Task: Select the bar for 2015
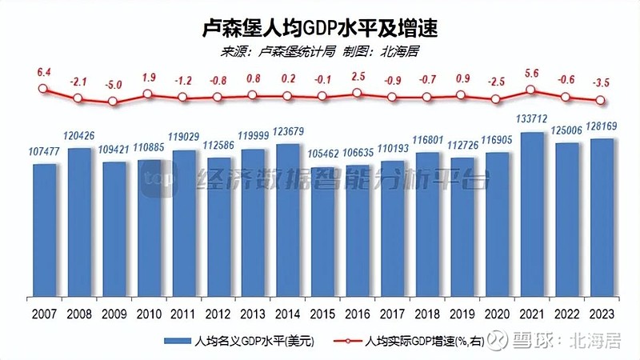(323, 231)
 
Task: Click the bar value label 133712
(534, 121)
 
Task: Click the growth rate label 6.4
(44, 72)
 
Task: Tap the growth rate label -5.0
(114, 84)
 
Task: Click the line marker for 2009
(114, 102)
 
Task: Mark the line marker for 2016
(358, 92)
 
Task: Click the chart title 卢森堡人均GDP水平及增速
(320, 30)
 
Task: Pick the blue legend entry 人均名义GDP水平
(240, 342)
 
